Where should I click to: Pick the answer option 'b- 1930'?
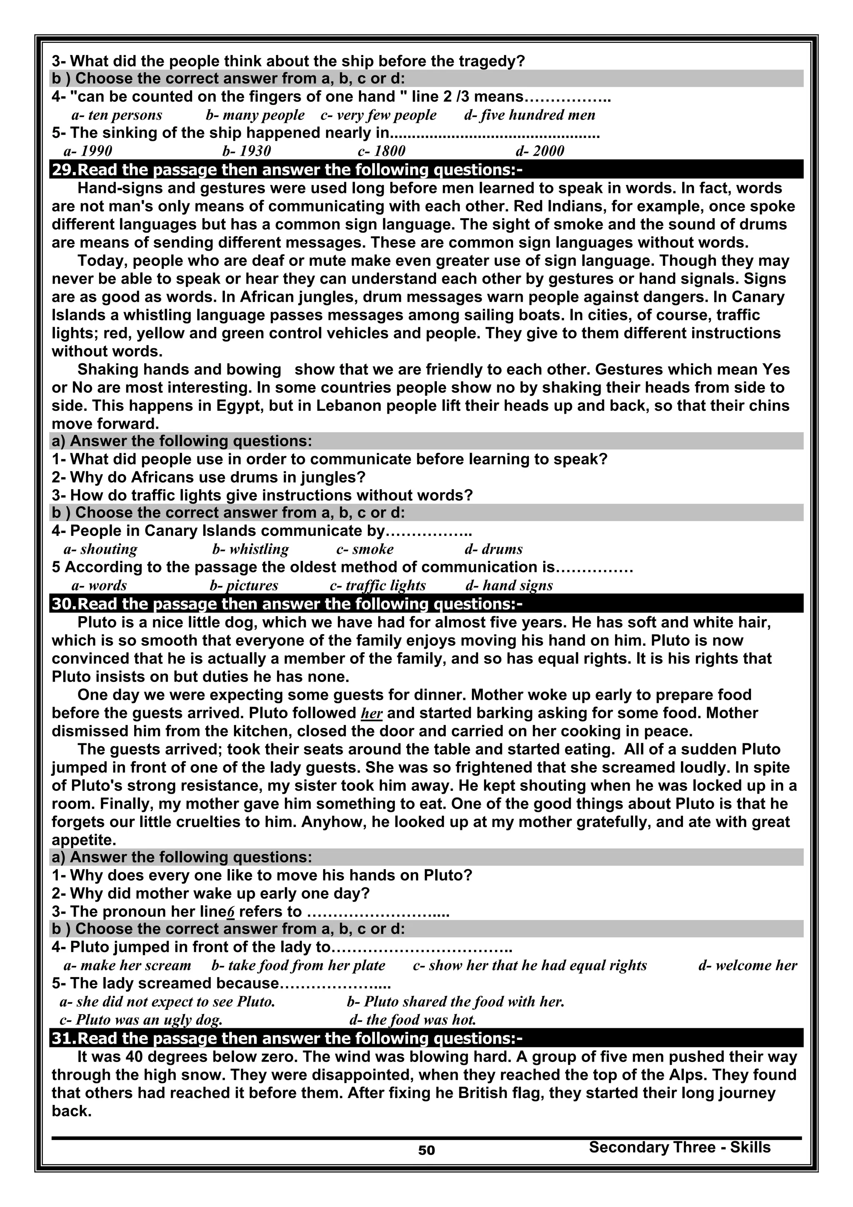(247, 151)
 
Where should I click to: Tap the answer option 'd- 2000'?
(540, 151)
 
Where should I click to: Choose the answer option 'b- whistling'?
(250, 550)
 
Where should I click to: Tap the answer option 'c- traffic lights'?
(377, 586)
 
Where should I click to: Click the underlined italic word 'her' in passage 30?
(372, 714)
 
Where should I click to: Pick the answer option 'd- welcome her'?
(747, 966)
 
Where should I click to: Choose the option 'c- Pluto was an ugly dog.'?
(141, 1020)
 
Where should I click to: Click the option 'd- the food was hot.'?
(413, 1020)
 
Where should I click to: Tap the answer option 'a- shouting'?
(100, 550)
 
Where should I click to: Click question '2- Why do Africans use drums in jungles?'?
(209, 477)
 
